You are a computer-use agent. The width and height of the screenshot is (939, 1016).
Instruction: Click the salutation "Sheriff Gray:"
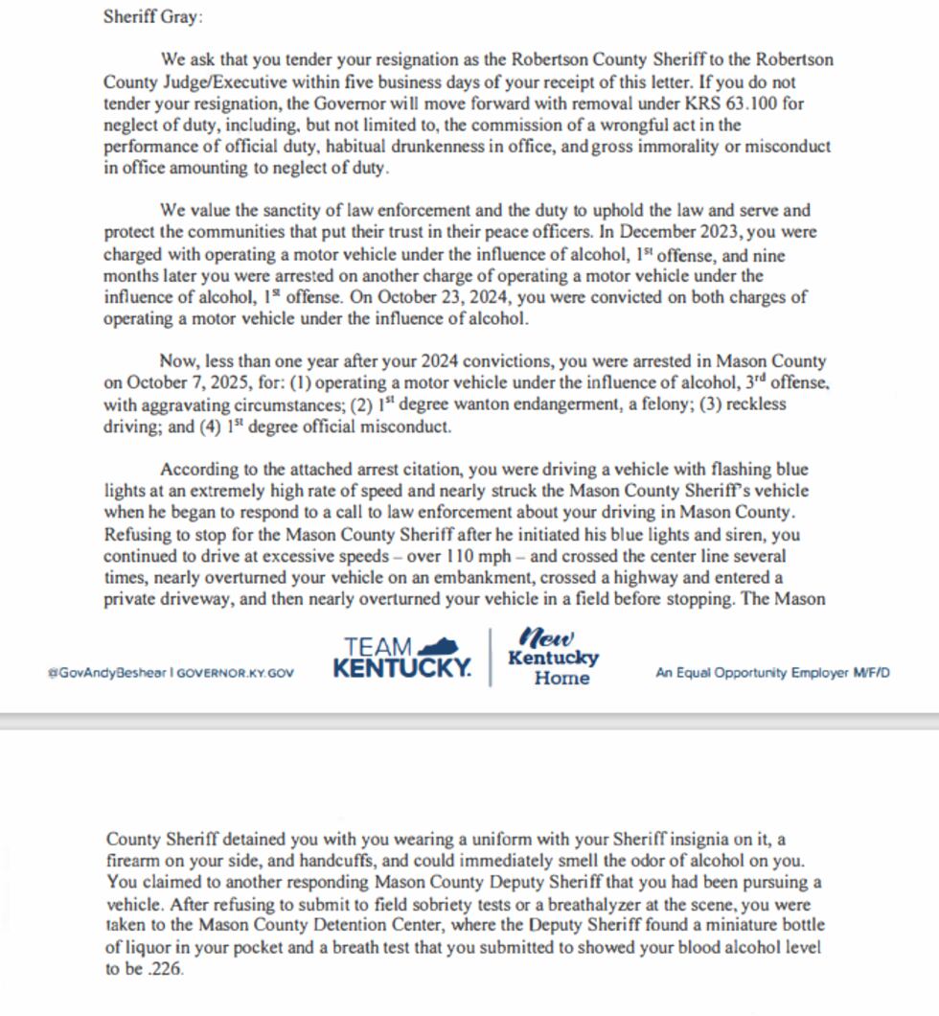coord(153,17)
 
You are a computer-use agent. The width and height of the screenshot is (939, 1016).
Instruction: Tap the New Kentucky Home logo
coord(553,658)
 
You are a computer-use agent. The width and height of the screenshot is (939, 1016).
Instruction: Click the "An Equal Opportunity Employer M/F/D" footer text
coord(772,673)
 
